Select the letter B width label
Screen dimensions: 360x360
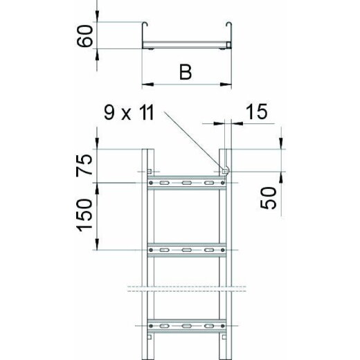[186, 72]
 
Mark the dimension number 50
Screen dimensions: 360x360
[271, 199]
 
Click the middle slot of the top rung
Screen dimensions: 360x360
[186, 183]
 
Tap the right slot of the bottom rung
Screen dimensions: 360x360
[208, 324]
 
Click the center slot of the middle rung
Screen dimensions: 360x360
[186, 247]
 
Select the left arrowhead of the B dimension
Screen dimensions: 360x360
[145, 85]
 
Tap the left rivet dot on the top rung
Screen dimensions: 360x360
[152, 183]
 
